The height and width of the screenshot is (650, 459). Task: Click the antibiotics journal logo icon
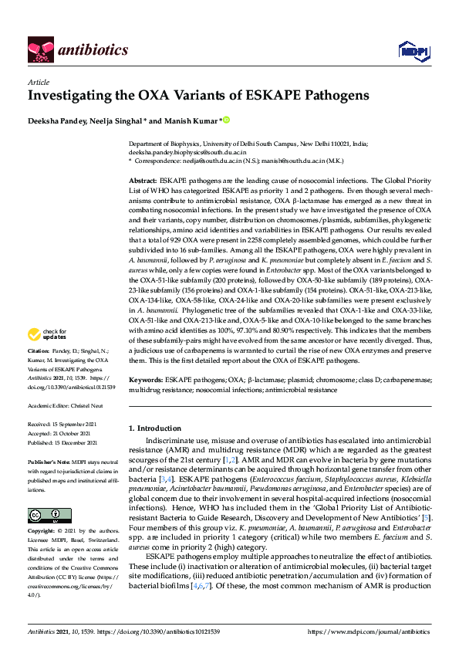click(39, 51)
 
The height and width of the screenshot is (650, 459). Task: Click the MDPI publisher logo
click(413, 51)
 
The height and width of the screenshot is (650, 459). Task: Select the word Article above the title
click(39, 83)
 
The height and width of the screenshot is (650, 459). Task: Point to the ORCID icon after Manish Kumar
click(227, 120)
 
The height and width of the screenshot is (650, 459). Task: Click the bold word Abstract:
click(143, 179)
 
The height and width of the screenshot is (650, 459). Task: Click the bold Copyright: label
click(42, 532)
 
